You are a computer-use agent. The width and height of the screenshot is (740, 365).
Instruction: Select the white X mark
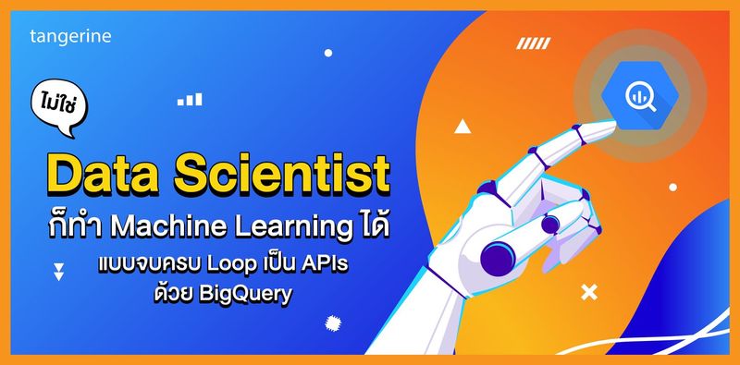(587, 293)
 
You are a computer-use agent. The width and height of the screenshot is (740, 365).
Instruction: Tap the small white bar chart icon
(191, 98)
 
